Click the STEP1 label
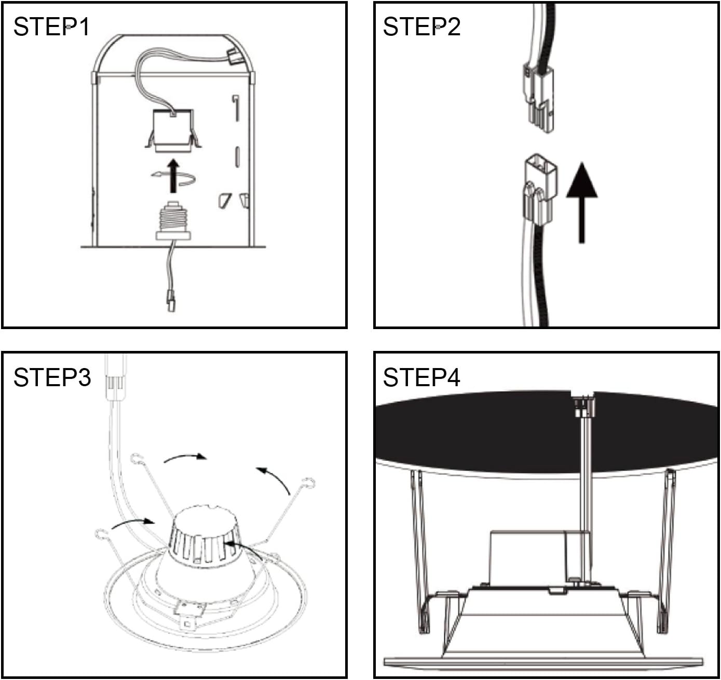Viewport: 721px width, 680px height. [51, 26]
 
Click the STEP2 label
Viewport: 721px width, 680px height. [421, 26]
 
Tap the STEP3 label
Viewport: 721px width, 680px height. [52, 377]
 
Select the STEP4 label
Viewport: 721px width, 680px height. [421, 377]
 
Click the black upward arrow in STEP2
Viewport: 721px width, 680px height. [581, 202]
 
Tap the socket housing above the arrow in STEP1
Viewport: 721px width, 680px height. [173, 131]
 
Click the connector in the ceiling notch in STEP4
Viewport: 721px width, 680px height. [584, 406]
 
